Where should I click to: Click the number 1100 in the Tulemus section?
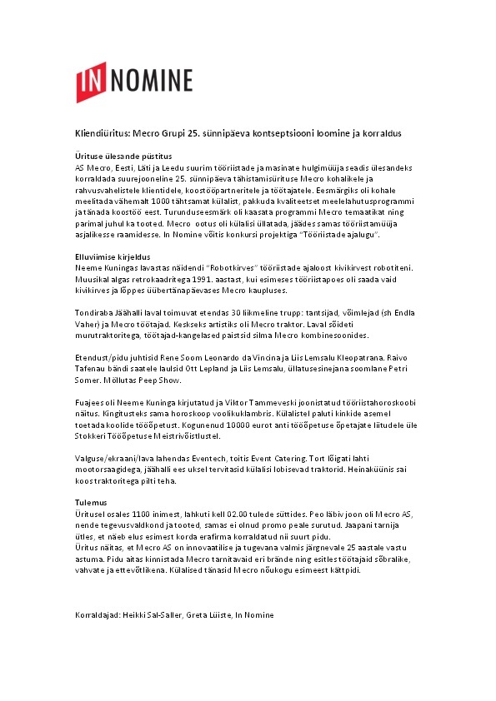pyautogui.click(x=138, y=515)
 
